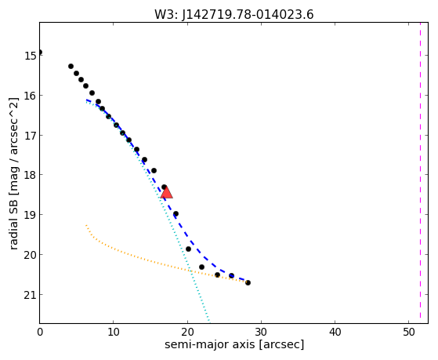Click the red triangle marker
pos(166,192)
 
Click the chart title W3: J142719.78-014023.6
pos(234,14)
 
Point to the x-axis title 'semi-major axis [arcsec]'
pos(234,344)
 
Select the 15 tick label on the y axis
pos(30,56)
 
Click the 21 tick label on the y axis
pos(30,295)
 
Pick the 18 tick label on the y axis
pos(30,175)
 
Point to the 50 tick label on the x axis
pos(409,332)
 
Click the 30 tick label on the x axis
pos(261,332)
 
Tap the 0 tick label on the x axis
pos(40,332)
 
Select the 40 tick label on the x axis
pos(335,332)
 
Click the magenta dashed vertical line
pos(420,173)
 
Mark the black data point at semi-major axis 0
pos(40,53)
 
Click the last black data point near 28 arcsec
pos(248,283)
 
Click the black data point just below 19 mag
pos(176,214)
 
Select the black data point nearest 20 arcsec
pos(188,249)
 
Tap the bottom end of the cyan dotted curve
pos(209,321)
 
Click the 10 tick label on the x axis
pos(114,332)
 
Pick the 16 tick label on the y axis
pos(30,96)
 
